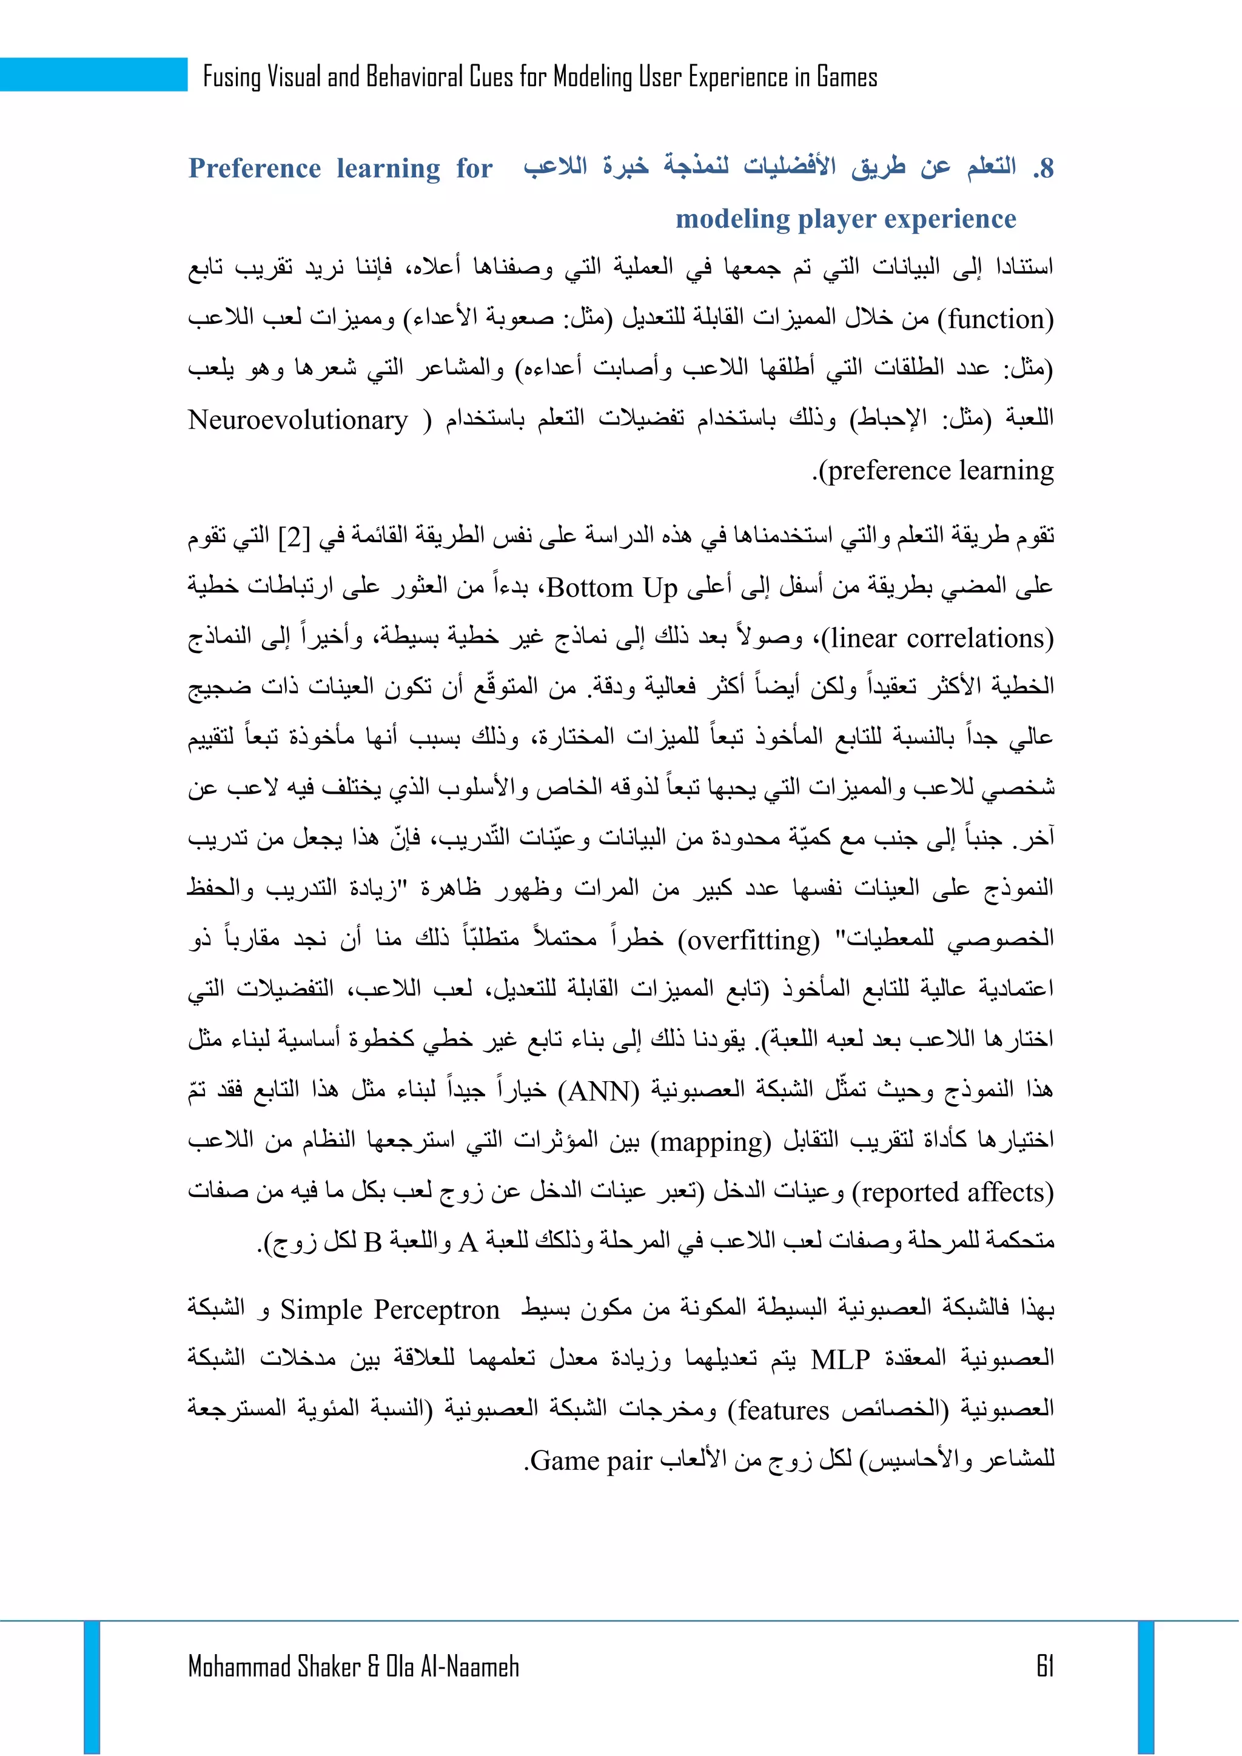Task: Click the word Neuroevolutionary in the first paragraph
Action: tap(298, 420)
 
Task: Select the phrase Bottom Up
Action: tap(613, 588)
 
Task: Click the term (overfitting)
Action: tap(749, 939)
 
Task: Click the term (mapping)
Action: tap(711, 1141)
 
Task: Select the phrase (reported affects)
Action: tap(953, 1192)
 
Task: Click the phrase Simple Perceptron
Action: tap(389, 1309)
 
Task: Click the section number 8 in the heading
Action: tap(1046, 168)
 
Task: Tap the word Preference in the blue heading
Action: tap(255, 168)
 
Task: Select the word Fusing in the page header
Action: tap(232, 76)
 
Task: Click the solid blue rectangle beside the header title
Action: tap(93, 74)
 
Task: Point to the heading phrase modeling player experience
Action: tap(845, 219)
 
